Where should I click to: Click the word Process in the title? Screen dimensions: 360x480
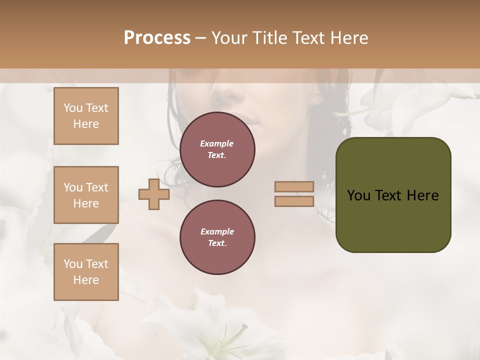click(x=157, y=38)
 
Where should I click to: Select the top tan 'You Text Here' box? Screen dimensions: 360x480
click(x=86, y=116)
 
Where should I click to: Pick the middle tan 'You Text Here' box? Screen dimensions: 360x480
click(x=86, y=195)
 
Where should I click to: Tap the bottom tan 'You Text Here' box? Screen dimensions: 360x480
click(x=86, y=272)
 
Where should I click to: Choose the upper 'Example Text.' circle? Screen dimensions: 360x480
click(x=217, y=149)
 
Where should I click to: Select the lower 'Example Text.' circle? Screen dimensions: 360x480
click(x=217, y=237)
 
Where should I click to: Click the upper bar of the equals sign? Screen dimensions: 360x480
click(x=294, y=187)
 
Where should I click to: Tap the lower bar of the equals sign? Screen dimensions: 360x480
click(x=294, y=201)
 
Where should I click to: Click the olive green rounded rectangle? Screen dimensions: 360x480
click(x=393, y=220)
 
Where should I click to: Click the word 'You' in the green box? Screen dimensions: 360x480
click(x=358, y=195)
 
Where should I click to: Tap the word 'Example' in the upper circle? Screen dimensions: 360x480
click(x=217, y=143)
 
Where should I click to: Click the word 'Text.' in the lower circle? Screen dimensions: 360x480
click(x=217, y=243)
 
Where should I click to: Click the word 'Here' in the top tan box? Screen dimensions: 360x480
click(x=86, y=124)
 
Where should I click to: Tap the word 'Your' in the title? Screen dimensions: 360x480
click(x=229, y=38)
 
